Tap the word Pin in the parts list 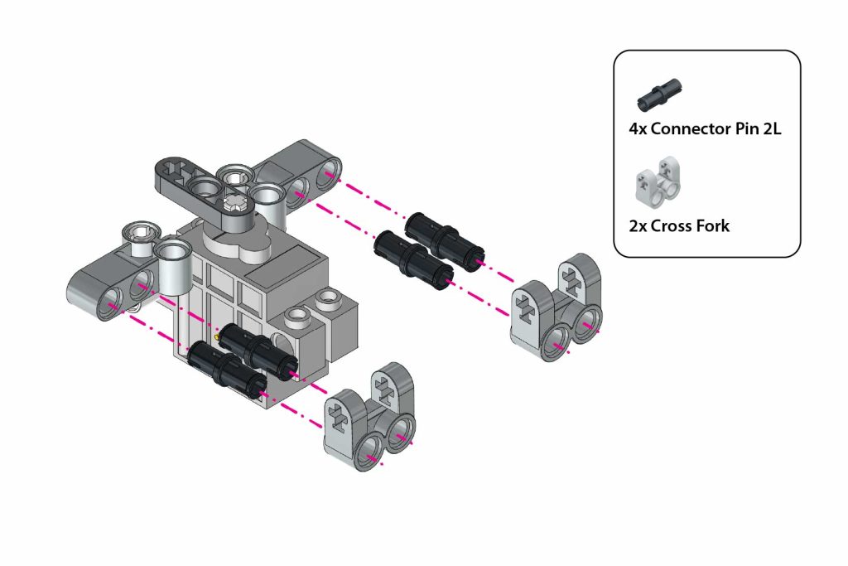747,128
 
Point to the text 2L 772,128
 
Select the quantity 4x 638,128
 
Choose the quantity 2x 638,225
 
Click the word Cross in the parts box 672,225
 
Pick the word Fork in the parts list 714,225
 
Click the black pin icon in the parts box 659,95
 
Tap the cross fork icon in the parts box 657,182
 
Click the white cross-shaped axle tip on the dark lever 236,204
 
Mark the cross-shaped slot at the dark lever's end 172,167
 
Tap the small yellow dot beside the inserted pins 218,336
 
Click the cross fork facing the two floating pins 556,307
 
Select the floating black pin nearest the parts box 445,236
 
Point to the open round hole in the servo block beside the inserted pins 282,342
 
